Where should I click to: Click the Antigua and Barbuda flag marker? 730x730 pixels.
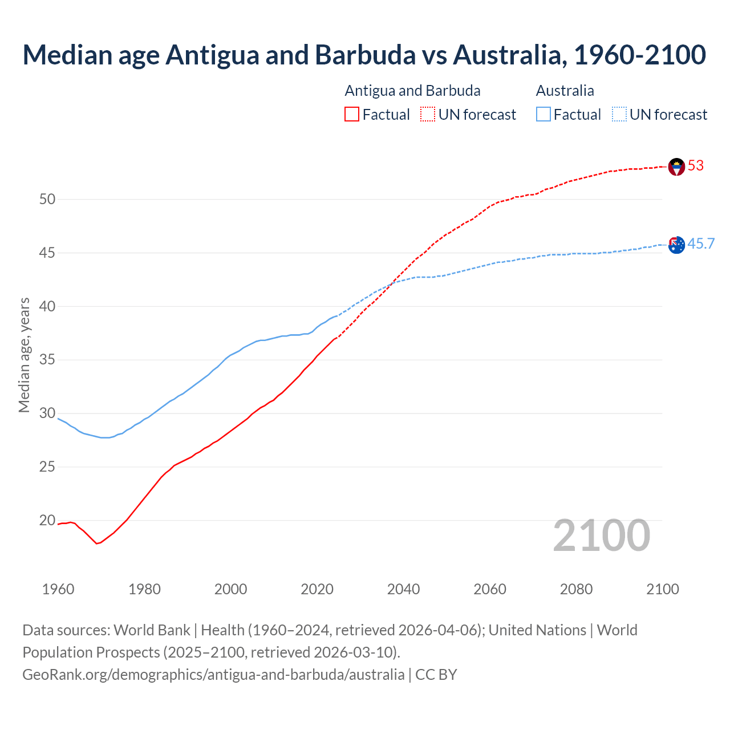[676, 167]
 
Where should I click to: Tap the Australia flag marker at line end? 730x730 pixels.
[676, 245]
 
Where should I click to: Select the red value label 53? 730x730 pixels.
[696, 166]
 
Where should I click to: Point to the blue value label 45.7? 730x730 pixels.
[701, 244]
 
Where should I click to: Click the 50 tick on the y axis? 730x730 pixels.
[47, 200]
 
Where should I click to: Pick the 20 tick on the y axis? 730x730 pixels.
[47, 521]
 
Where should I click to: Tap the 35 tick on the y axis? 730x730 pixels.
[47, 360]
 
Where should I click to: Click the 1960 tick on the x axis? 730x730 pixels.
[58, 589]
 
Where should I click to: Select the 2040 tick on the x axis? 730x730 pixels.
[403, 589]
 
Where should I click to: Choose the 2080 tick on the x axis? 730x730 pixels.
[576, 589]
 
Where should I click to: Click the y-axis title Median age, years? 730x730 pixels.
[24, 355]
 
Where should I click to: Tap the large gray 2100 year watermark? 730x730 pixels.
[601, 536]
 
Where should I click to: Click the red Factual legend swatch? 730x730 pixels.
[352, 115]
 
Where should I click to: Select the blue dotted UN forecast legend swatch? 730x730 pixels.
[619, 115]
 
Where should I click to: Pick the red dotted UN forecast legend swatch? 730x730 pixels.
[428, 115]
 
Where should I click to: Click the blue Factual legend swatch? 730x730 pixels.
[544, 115]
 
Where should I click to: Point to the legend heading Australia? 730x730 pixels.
[565, 91]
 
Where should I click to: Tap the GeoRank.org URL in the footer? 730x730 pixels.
[213, 675]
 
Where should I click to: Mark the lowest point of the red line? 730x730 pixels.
[96, 544]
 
